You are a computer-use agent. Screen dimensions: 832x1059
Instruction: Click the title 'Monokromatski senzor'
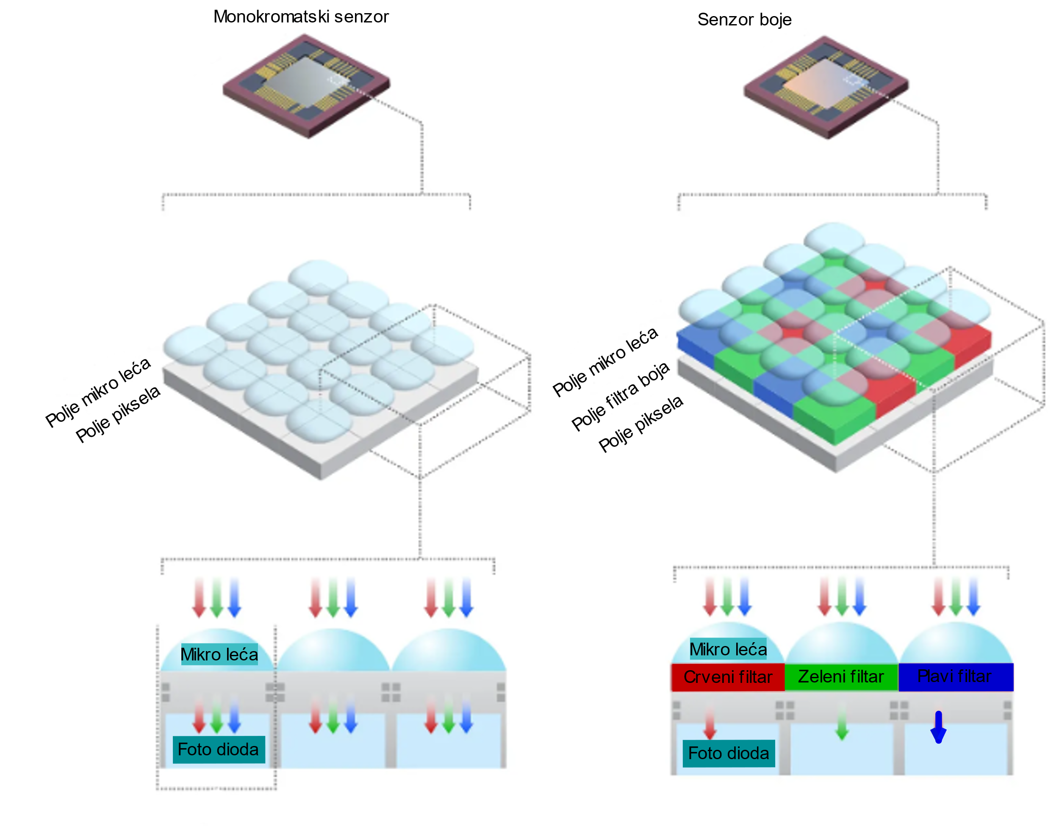pos(301,17)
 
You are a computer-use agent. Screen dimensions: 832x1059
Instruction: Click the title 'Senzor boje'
pos(744,20)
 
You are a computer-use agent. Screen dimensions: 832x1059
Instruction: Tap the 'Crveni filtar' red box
pos(728,677)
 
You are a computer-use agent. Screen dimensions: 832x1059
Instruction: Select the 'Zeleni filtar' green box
pos(841,677)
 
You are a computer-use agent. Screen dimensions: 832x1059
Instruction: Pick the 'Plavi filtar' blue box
pos(955,677)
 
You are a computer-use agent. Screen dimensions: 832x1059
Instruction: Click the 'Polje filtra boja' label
pos(621,397)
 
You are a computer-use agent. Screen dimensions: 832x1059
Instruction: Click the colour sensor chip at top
pos(826,87)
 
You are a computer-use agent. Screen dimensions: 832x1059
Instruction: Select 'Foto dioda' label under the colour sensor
pos(729,754)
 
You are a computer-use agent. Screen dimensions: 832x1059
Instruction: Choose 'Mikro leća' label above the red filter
pos(728,649)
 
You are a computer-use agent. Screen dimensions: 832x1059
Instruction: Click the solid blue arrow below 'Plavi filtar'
pos(938,727)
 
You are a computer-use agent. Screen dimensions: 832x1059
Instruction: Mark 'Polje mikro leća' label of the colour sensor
pos(605,363)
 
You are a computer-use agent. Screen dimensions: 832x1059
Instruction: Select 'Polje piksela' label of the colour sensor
pos(641,424)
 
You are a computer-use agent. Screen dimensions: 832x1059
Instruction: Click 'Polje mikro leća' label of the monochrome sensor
pos(98,393)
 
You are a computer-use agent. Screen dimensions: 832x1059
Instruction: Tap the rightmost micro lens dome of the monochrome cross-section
pos(449,650)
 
